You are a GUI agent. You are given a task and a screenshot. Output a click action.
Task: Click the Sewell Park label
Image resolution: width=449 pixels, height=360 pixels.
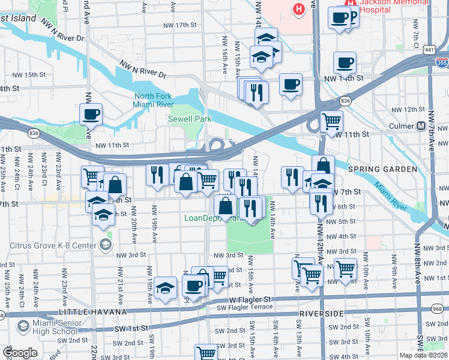pos(189,119)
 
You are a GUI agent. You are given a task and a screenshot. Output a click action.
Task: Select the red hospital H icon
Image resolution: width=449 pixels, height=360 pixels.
pos(298,8)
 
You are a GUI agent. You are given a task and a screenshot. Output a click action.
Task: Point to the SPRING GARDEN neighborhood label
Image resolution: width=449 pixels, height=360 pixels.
pos(390,169)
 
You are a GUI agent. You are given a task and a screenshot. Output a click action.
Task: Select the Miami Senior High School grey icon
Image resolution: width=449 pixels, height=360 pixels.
pos(23,327)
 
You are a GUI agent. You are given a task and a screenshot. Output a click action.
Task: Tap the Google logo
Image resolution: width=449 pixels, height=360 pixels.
pos(19,352)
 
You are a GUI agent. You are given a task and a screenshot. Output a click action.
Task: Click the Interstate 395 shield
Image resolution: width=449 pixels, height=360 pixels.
pos(442,62)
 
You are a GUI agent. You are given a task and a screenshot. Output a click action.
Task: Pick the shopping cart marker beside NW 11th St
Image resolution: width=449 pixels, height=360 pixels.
pos(331,121)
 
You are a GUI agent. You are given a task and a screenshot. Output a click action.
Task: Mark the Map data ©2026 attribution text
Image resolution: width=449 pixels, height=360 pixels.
pos(423,355)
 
